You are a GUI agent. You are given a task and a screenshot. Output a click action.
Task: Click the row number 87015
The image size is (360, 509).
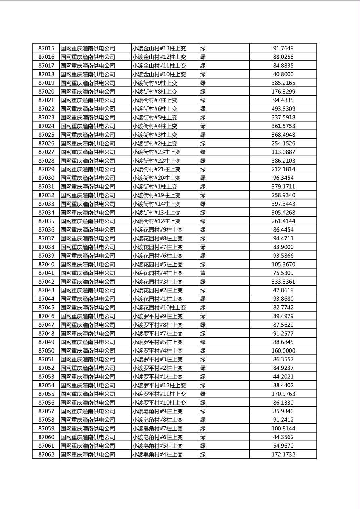(x=46, y=48)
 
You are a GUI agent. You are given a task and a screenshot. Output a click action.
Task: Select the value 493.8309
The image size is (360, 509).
(x=283, y=109)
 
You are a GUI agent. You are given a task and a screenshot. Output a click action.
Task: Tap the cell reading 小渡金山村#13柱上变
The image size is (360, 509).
(x=159, y=48)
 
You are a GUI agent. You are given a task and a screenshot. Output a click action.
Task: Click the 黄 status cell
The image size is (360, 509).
(x=203, y=273)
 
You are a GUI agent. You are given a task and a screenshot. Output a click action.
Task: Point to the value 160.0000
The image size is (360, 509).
(x=283, y=351)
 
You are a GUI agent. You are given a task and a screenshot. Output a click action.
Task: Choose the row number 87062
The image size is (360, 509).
(x=46, y=454)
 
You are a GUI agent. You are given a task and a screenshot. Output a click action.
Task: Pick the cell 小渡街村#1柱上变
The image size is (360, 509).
(x=155, y=187)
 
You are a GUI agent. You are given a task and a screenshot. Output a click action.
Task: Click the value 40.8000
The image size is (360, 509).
(x=283, y=74)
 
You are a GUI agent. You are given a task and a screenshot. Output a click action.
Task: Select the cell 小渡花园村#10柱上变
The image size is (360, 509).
(x=159, y=308)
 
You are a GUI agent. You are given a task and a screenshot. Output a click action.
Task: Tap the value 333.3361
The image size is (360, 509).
(x=283, y=282)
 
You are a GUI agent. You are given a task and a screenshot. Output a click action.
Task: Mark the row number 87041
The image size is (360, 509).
(x=46, y=273)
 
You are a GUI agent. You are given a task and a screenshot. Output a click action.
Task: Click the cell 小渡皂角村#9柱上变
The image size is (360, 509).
(x=157, y=411)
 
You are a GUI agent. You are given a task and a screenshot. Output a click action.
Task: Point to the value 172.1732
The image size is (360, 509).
(x=283, y=454)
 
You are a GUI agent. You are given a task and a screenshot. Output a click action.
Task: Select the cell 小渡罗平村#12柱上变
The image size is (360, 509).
(x=159, y=385)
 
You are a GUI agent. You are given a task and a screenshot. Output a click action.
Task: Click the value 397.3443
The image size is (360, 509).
(x=283, y=204)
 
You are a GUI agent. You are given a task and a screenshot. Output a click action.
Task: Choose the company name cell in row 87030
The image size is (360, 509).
(x=88, y=178)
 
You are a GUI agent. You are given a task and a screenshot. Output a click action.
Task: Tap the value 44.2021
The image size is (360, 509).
(x=283, y=377)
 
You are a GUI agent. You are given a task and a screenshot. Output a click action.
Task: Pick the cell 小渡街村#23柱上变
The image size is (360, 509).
(x=157, y=152)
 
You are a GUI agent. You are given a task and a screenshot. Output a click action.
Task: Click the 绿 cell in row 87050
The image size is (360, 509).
(x=203, y=351)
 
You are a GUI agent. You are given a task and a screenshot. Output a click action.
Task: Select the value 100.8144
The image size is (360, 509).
(x=283, y=428)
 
